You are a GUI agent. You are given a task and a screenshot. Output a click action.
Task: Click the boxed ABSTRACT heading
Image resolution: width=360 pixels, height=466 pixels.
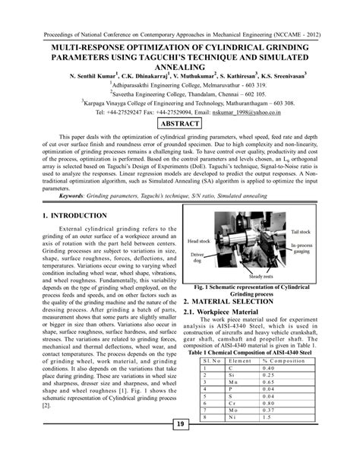[179, 124]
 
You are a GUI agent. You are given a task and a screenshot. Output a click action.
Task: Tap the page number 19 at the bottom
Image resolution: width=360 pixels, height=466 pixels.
[180, 445]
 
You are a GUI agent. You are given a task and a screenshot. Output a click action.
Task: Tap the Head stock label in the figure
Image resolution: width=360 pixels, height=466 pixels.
[197, 240]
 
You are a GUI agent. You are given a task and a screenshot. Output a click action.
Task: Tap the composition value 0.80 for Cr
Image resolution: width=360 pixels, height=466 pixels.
[268, 404]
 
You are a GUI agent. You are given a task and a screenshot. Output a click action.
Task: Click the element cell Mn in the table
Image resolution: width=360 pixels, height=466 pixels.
[232, 382]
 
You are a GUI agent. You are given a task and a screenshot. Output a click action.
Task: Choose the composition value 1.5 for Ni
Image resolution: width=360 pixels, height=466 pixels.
[267, 418]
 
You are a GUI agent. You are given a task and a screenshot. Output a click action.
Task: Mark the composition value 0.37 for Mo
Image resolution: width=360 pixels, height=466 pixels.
[268, 411]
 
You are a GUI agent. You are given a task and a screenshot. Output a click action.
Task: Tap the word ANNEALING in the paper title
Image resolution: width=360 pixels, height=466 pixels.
[179, 66]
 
